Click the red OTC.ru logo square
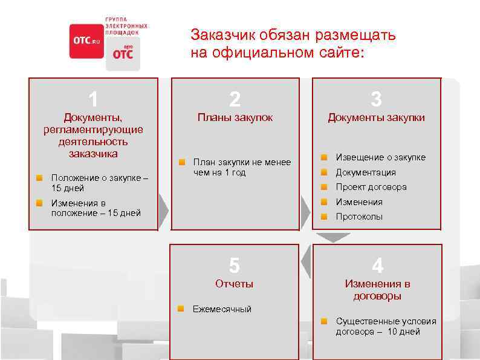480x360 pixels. click(x=86, y=41)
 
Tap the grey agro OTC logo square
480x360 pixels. click(x=123, y=53)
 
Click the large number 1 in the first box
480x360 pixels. click(x=93, y=98)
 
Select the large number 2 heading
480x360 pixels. click(x=235, y=99)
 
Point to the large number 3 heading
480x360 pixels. click(x=376, y=99)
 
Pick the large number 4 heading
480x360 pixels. click(x=377, y=265)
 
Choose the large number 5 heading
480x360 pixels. click(x=235, y=265)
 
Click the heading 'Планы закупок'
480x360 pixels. click(x=235, y=117)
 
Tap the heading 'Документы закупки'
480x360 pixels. click(x=376, y=117)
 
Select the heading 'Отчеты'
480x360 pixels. click(x=235, y=284)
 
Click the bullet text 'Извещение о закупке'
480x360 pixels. click(x=381, y=157)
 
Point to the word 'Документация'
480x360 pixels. click(x=366, y=172)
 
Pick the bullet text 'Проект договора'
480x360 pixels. click(x=371, y=187)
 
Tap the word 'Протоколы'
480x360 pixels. click(x=359, y=217)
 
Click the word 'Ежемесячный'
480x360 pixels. click(x=222, y=309)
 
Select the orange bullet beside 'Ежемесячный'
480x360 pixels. click(x=181, y=309)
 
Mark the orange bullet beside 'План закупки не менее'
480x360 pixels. click(x=181, y=162)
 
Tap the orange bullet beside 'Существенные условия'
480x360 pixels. click(x=324, y=321)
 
